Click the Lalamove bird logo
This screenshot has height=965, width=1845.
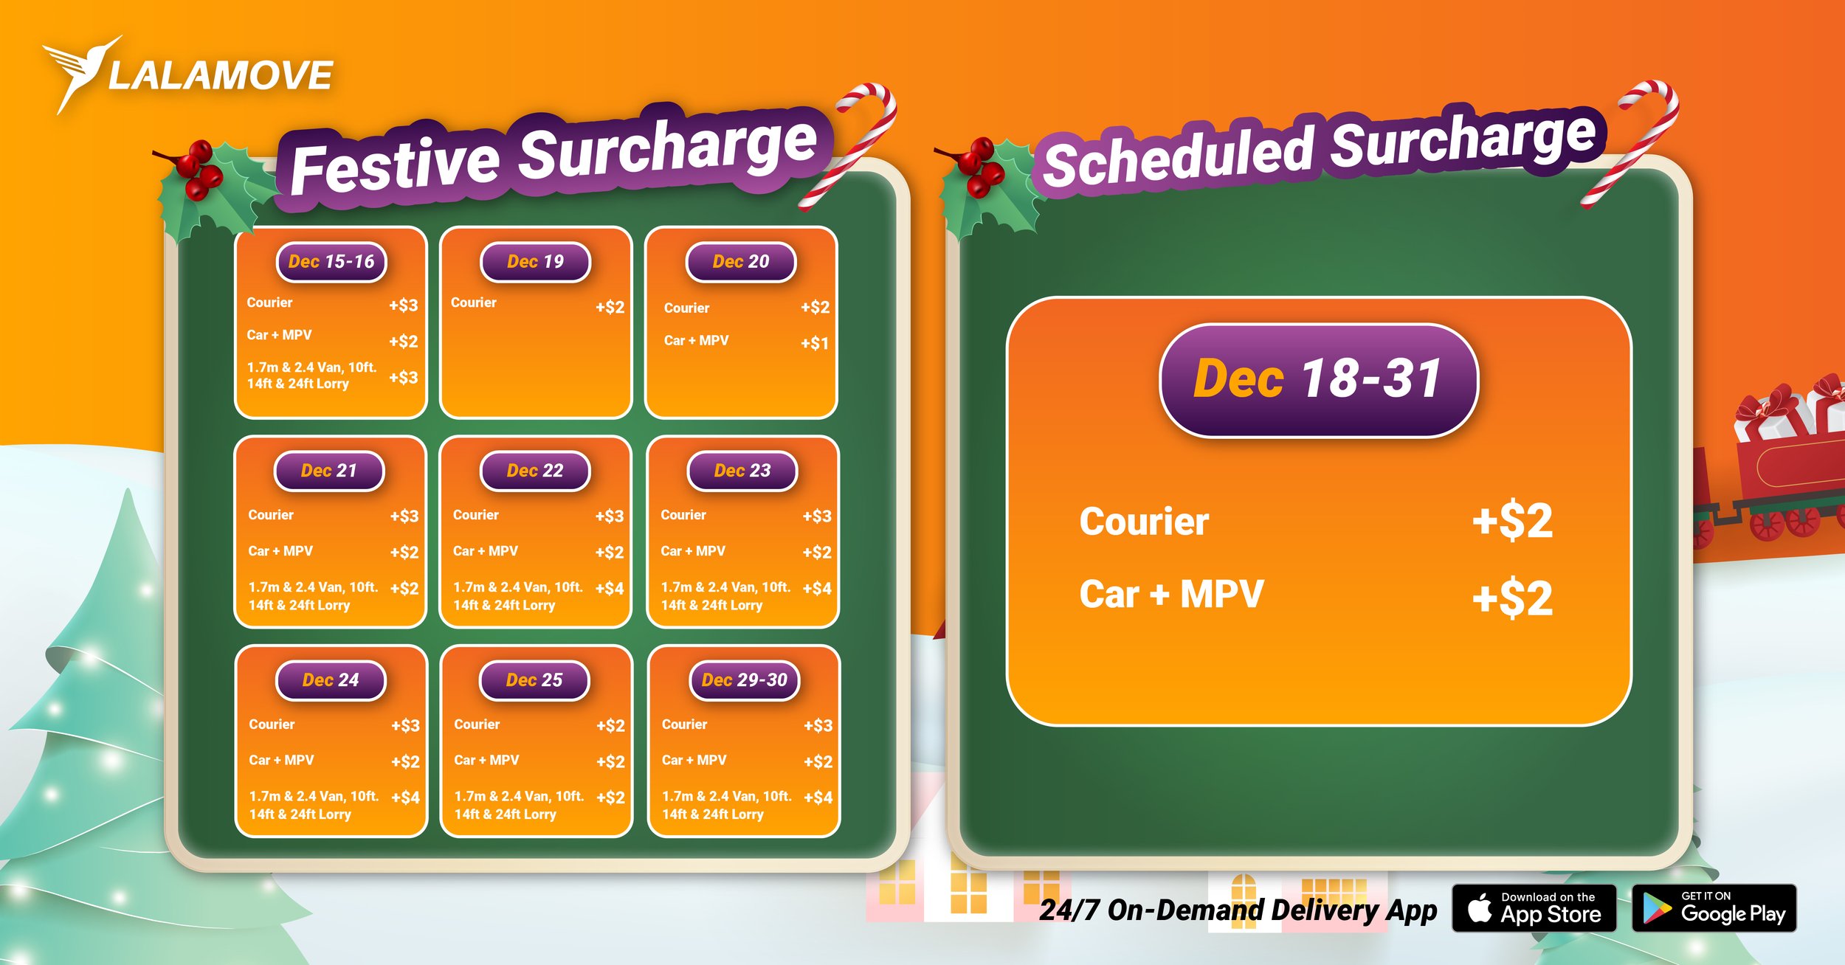[x=81, y=72]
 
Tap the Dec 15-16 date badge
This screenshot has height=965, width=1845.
[x=331, y=262]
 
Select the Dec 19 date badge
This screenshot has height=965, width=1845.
[x=535, y=262]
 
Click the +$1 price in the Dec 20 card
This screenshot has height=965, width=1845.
[x=815, y=343]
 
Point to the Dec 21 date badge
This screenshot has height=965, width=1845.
[x=329, y=471]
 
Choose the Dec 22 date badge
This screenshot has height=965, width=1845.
[x=535, y=471]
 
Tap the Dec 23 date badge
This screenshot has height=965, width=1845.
[x=742, y=471]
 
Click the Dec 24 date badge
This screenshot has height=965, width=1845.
[x=331, y=680]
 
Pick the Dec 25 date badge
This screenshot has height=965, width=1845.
[x=534, y=680]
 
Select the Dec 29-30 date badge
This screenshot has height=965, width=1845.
[x=745, y=680]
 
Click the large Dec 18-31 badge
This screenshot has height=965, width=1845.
[x=1318, y=380]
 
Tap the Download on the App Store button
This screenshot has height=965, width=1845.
[x=1534, y=908]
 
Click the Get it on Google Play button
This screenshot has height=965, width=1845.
[x=1714, y=908]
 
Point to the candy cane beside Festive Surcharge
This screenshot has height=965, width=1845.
[x=856, y=140]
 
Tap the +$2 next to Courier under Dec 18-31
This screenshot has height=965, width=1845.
[x=1512, y=521]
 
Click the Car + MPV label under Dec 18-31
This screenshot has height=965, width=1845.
[x=1171, y=595]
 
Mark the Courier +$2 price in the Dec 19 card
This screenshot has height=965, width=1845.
[x=610, y=307]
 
